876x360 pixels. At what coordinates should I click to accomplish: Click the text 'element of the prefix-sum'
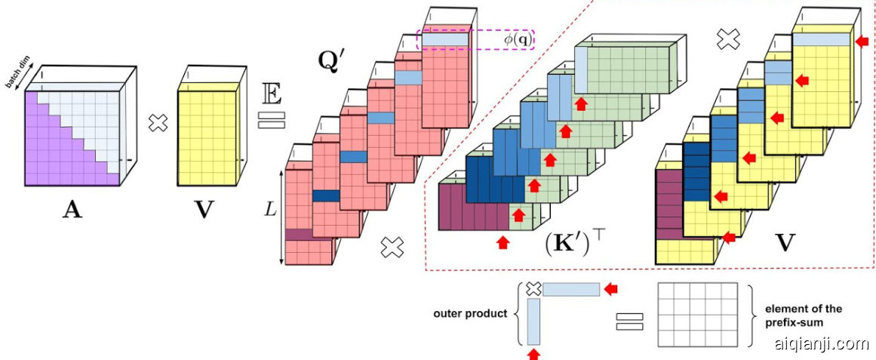pos(803,315)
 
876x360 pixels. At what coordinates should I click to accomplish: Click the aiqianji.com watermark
pos(821,345)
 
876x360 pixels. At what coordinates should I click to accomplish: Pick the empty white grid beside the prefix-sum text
pos(696,315)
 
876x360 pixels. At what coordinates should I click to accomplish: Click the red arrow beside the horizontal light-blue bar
pos(611,288)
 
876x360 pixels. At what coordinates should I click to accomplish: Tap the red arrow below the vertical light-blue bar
pos(534,352)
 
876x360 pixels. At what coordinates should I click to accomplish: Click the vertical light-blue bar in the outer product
pos(533,321)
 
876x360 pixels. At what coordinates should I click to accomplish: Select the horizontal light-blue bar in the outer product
pos(571,289)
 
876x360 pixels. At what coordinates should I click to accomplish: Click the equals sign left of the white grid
pos(630,320)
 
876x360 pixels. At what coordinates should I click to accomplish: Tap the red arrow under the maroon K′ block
pos(503,242)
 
